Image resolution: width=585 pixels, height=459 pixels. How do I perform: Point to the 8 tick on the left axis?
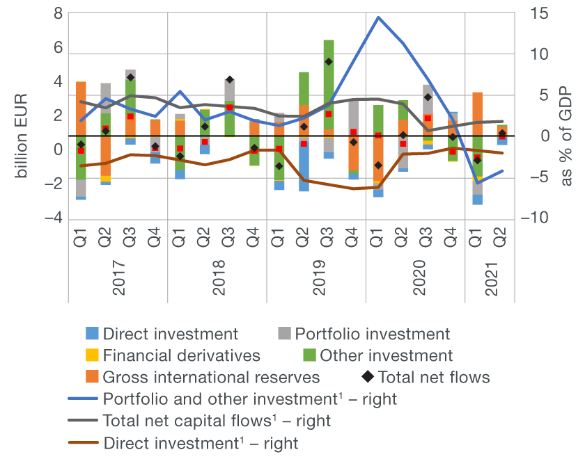[57, 13]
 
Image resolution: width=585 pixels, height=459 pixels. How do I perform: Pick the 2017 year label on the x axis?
[118, 277]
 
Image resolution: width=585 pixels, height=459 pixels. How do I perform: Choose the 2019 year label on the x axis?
[318, 277]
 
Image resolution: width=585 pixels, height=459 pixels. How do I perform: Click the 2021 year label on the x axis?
[492, 277]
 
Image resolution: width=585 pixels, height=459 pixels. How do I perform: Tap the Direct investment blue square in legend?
[92, 334]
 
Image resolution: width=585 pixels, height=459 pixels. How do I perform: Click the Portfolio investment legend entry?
[372, 334]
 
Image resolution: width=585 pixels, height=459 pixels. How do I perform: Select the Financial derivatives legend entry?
[181, 355]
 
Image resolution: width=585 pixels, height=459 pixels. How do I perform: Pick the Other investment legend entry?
[387, 355]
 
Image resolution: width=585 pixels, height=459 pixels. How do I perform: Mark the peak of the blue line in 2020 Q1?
[378, 17]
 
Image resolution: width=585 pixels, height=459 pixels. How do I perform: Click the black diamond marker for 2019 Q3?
[328, 62]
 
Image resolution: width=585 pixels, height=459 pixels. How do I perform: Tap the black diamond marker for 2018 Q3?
[229, 80]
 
